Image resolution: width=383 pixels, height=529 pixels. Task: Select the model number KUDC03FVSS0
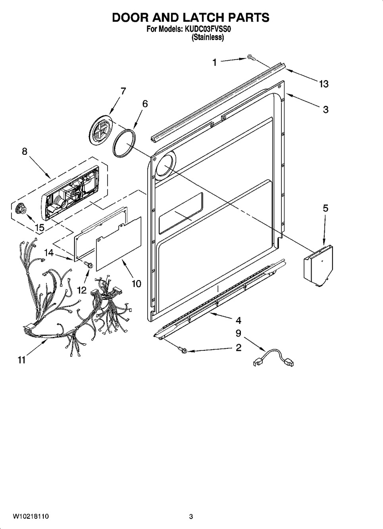pos(208,29)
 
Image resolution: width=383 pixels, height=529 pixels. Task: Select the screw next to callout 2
pos(183,351)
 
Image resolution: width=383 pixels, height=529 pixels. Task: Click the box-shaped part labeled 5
pos(318,265)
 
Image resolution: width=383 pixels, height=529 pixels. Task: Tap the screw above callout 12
pos(89,265)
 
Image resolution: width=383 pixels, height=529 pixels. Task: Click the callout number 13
pos(324,84)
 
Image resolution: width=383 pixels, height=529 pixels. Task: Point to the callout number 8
pos(25,151)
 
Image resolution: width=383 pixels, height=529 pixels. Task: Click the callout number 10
pos(137,284)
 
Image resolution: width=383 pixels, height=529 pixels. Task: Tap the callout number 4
pos(239,321)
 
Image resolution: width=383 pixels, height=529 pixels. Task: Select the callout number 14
pos(49,253)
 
